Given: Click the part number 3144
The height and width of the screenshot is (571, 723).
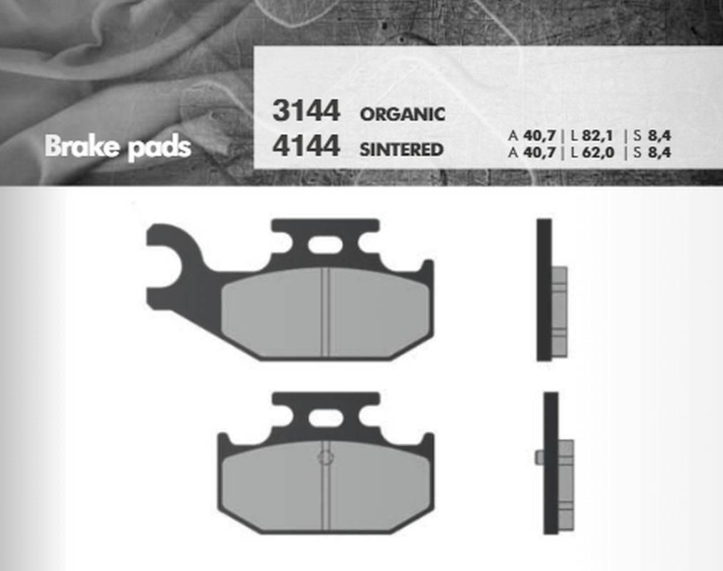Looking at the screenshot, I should pyautogui.click(x=306, y=112).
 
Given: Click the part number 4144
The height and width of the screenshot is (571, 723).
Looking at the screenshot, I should pyautogui.click(x=306, y=147).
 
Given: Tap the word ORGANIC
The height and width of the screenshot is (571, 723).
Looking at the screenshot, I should pyautogui.click(x=402, y=114).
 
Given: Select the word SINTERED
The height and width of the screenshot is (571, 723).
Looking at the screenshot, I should pyautogui.click(x=401, y=150).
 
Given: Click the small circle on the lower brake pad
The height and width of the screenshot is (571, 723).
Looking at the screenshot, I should pyautogui.click(x=324, y=458).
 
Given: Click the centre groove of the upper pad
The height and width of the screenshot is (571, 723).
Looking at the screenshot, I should pyautogui.click(x=325, y=312).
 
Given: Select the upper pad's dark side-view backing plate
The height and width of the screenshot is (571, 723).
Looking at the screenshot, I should pyautogui.click(x=544, y=289).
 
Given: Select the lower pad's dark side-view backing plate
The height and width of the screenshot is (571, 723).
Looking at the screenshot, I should pyautogui.click(x=550, y=463).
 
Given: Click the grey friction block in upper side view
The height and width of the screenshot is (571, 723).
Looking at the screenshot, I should pyautogui.click(x=560, y=312).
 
